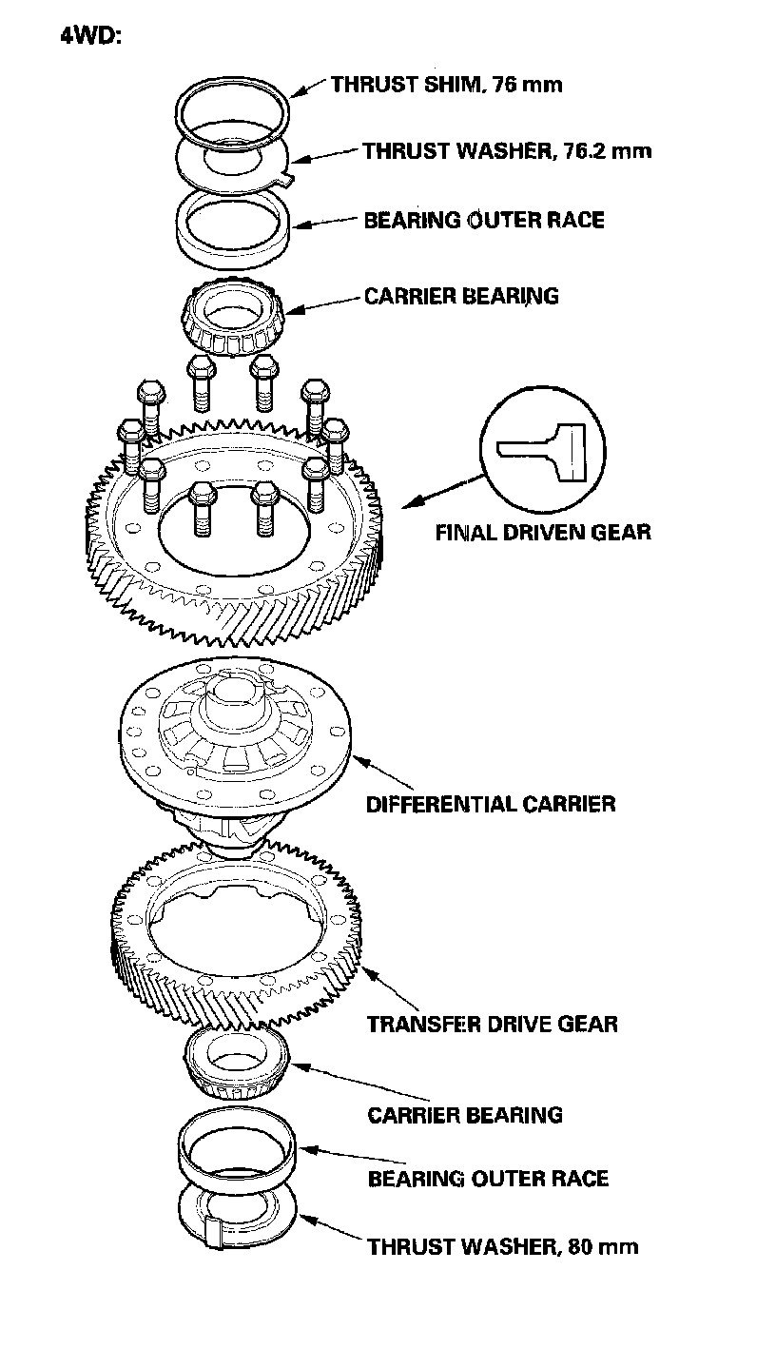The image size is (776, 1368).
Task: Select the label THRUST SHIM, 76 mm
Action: [x=446, y=85]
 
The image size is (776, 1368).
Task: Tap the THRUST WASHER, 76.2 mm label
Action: [x=507, y=150]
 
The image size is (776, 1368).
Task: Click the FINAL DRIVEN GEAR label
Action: [x=543, y=532]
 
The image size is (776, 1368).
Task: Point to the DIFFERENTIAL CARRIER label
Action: [x=491, y=804]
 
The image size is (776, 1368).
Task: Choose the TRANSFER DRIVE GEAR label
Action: [x=493, y=1025]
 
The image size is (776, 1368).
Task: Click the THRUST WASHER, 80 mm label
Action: [x=503, y=1246]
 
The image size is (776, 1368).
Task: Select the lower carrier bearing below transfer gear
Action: [x=237, y=1065]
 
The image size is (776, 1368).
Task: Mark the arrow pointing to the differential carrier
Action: [x=385, y=770]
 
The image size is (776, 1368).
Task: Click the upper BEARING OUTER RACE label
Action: [x=484, y=221]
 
